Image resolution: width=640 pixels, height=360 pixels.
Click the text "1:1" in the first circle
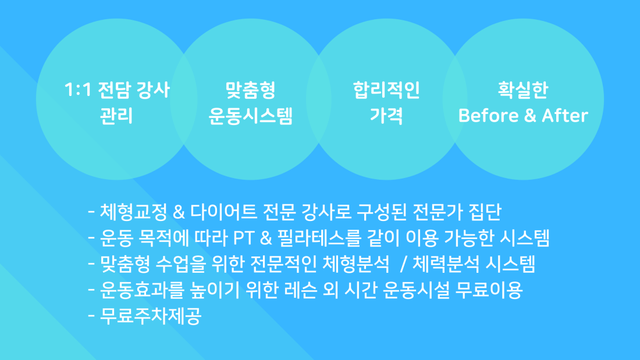click(x=77, y=90)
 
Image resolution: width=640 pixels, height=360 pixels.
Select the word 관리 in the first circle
click(x=116, y=116)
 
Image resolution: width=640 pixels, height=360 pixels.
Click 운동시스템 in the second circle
click(x=251, y=116)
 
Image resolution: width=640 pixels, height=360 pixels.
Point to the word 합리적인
click(x=386, y=90)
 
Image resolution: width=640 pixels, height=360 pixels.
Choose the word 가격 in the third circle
click(x=386, y=116)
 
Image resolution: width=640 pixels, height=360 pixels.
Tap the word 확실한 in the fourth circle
click(x=523, y=90)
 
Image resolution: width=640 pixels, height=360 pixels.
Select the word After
click(x=565, y=116)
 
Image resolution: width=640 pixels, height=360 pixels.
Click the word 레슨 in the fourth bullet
click(x=300, y=290)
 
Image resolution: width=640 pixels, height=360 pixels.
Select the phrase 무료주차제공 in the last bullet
click(x=151, y=316)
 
